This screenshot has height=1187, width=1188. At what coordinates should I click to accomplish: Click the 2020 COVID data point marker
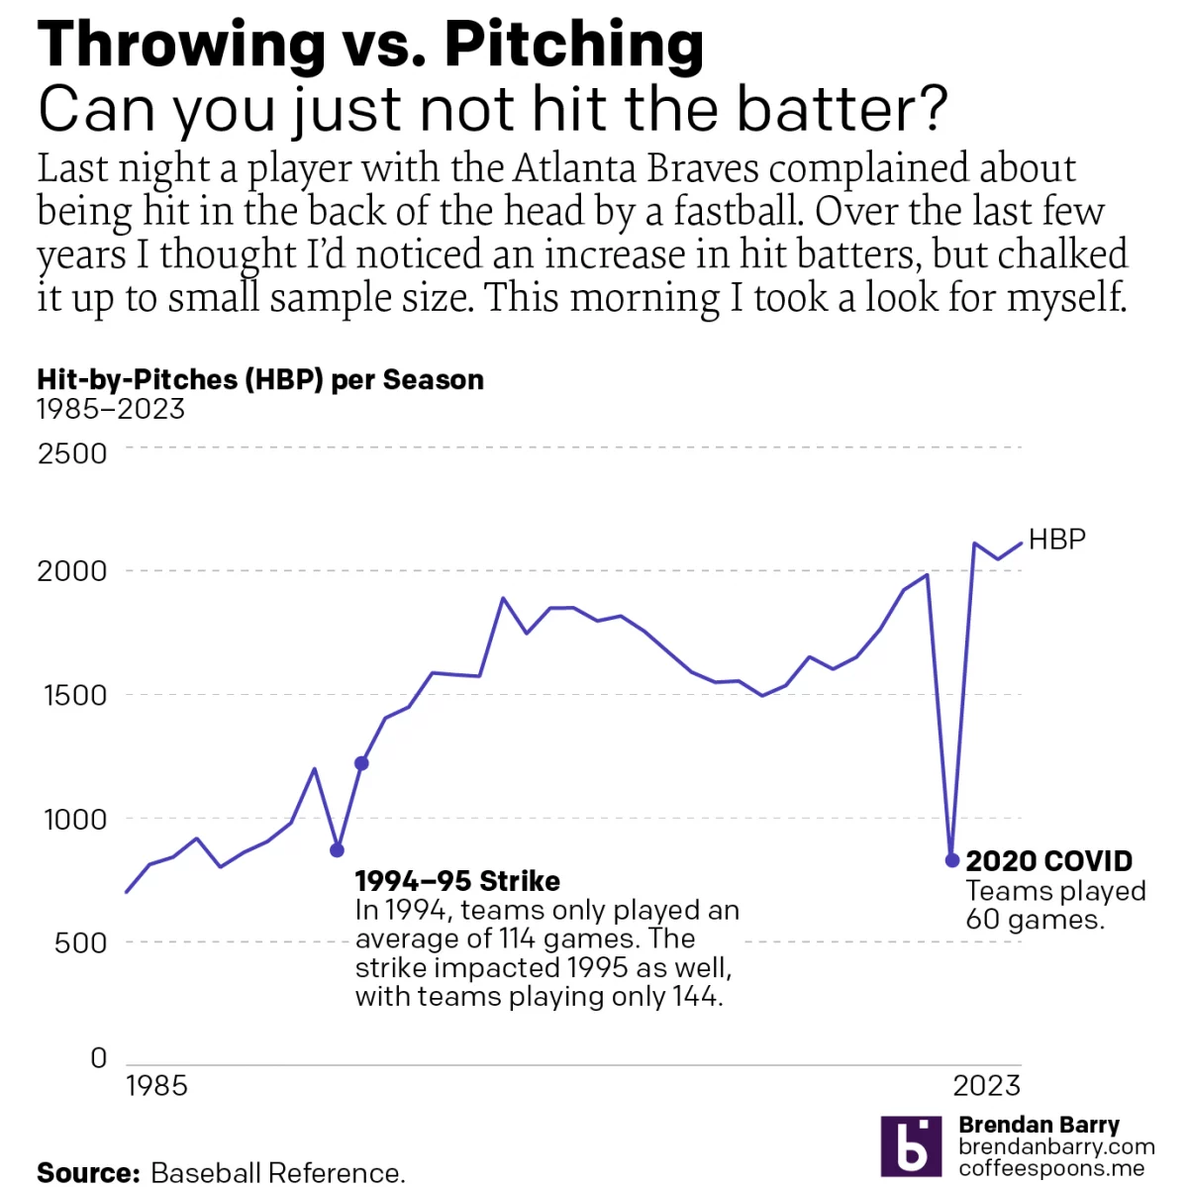coord(951,860)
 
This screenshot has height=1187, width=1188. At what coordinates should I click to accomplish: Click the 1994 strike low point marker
coord(338,850)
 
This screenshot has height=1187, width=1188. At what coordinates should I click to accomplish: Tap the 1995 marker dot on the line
coord(361,763)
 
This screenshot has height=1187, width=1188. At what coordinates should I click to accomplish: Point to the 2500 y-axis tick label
coord(71,453)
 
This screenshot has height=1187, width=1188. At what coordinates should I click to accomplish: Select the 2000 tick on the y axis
coord(71,571)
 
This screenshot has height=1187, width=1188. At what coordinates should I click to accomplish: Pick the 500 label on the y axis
coord(80,942)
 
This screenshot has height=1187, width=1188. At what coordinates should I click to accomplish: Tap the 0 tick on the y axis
coord(98,1057)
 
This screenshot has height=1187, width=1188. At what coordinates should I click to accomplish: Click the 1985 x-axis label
coord(156,1086)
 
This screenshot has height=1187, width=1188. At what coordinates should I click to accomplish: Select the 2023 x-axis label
coord(986,1086)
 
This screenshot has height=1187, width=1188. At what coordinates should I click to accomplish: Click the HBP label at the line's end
coord(1056,540)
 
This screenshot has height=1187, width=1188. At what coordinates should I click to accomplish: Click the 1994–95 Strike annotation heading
coord(457,881)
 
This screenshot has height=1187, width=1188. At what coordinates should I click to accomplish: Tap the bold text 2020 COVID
coord(1048,860)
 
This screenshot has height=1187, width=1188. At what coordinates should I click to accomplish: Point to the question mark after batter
coord(931,109)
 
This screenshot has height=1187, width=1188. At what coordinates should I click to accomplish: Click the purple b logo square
coord(911,1146)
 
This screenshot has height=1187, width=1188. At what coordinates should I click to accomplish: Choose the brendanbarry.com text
coord(1056,1146)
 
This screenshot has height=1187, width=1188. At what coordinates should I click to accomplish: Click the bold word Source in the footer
coord(89,1173)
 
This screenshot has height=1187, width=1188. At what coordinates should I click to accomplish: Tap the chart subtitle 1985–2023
coord(111,409)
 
